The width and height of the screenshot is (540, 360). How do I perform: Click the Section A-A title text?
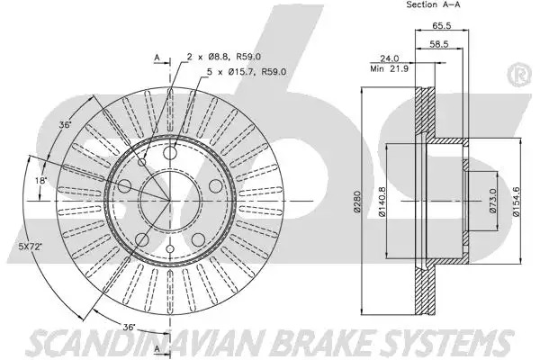(433, 4)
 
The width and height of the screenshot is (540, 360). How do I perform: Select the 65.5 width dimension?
(442, 25)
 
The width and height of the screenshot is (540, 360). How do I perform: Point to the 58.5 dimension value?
(439, 44)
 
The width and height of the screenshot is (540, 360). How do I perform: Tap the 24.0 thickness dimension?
(389, 58)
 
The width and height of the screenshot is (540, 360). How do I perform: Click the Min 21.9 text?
(389, 68)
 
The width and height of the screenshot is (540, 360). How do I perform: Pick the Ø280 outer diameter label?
(356, 202)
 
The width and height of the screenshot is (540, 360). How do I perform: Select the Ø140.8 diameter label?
(382, 202)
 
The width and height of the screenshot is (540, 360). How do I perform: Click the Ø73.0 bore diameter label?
(492, 201)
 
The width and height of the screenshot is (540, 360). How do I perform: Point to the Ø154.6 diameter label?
(517, 202)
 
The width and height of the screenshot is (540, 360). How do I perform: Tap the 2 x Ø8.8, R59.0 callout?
(224, 57)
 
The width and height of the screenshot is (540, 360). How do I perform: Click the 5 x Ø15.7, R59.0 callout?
(247, 72)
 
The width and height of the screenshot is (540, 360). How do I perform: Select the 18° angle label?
(41, 180)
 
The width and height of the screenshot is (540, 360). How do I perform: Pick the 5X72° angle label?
(30, 247)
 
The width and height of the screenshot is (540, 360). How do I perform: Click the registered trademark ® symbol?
(518, 75)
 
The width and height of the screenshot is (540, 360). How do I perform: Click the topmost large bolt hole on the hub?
(170, 153)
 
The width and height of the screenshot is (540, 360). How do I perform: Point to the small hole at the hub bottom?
(169, 248)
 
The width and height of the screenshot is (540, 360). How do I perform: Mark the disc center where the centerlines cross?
(169, 201)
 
